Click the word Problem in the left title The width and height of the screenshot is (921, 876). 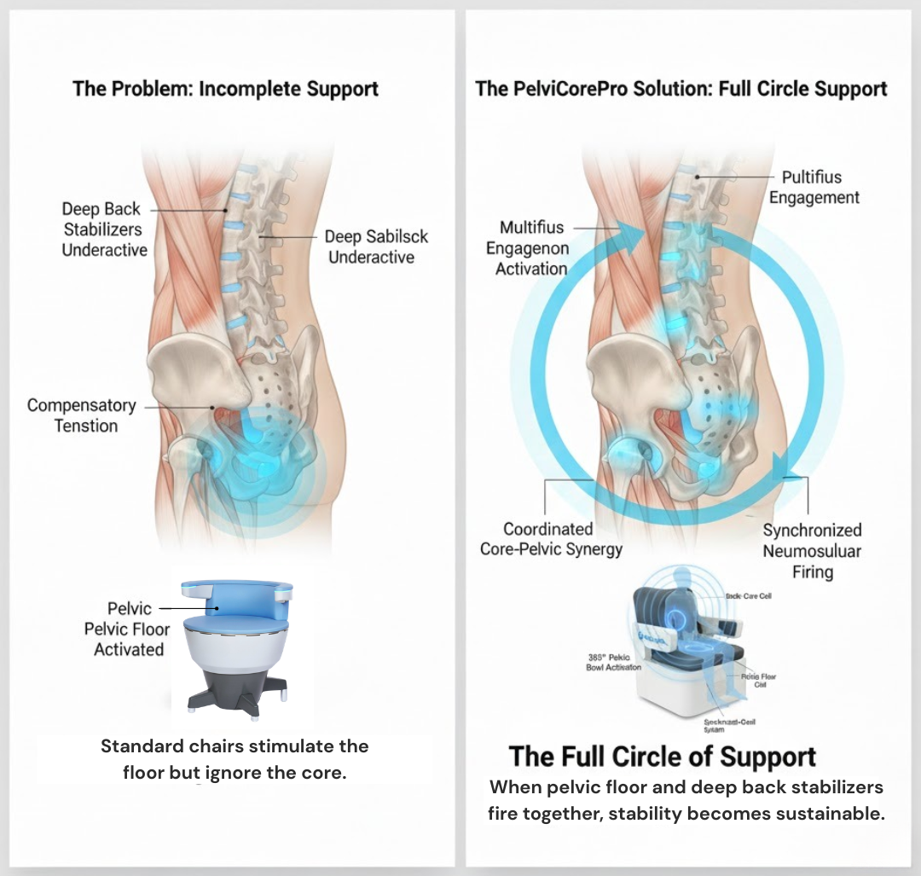click(151, 89)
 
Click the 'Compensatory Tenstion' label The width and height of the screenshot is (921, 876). click(82, 415)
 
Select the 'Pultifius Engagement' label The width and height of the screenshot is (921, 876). click(813, 187)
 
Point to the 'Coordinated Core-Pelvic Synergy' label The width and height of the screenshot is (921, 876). click(550, 539)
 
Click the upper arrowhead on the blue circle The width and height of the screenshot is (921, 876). click(628, 231)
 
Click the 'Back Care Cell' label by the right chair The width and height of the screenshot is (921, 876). click(748, 595)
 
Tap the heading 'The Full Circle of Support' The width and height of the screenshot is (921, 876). click(663, 757)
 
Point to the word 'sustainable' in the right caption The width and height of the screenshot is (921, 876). click(829, 813)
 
